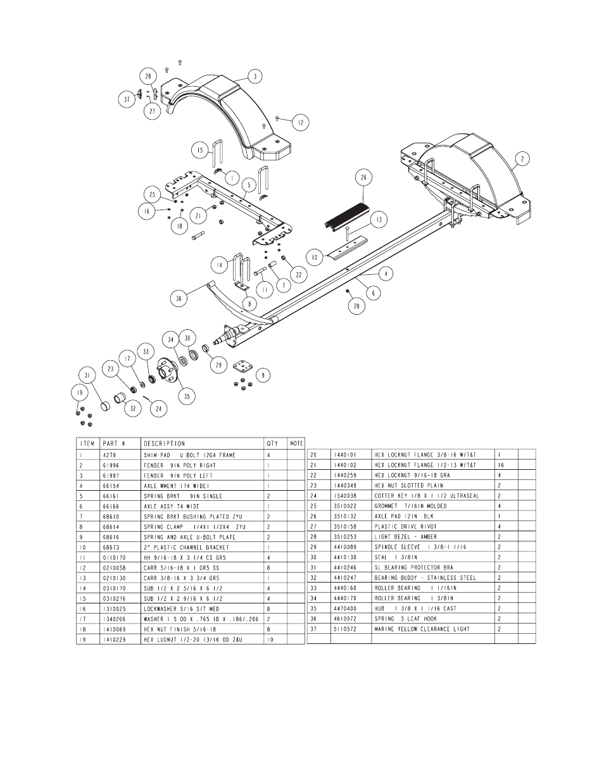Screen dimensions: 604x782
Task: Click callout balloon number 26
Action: pos(363,177)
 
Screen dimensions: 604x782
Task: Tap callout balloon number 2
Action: pos(522,158)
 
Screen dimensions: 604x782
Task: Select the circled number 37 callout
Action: pos(127,99)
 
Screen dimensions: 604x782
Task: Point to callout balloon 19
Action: pos(80,393)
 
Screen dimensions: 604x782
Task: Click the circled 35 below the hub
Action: pos(187,396)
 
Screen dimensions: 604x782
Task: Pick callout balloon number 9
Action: pos(263,375)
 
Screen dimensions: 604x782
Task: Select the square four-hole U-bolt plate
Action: pos(242,367)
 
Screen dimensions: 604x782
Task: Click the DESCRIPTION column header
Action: pos(165,443)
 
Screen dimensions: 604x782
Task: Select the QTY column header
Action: pos(272,443)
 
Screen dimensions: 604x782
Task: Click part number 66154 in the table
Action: pos(111,486)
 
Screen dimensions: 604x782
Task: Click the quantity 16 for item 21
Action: pos(501,465)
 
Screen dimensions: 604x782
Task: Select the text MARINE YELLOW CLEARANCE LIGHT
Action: pos(422,629)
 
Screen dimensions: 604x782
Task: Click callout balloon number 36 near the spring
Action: pos(179,298)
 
